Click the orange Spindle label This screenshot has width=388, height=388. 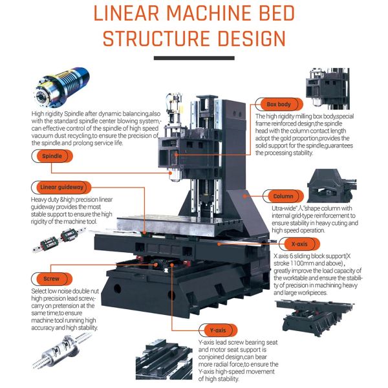point(52,156)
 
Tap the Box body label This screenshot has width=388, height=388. point(279,104)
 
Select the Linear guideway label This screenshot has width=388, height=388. point(61,188)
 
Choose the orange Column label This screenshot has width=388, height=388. point(283,196)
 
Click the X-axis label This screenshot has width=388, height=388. point(299,244)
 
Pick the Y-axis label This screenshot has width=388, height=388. point(218,330)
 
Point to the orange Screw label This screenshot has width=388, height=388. point(52,279)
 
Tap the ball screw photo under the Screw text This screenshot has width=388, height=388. point(62,350)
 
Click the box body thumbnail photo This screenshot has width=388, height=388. point(328,89)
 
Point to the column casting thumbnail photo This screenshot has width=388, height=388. point(332,186)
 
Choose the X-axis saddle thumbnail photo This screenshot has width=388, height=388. point(315,318)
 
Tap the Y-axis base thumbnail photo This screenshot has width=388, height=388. point(164,360)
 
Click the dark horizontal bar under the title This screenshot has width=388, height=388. point(194,58)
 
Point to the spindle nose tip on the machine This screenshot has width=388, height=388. point(175,180)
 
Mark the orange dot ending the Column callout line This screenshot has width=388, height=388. point(244,196)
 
